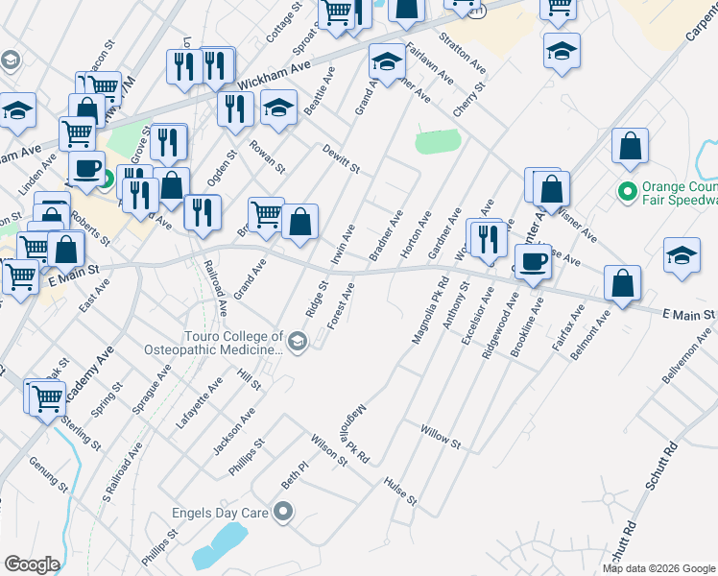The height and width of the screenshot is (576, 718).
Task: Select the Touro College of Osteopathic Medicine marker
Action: tap(298, 340)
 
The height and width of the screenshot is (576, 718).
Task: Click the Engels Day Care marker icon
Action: tap(282, 513)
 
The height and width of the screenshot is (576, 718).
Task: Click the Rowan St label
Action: tap(268, 156)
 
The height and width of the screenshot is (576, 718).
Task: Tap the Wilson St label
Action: tap(327, 450)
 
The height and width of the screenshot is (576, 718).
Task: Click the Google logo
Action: tap(32, 564)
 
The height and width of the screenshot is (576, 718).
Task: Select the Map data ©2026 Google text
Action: tap(658, 568)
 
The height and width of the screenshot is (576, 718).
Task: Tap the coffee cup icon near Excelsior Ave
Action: tap(533, 259)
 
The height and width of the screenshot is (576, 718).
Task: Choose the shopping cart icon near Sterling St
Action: tap(46, 396)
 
